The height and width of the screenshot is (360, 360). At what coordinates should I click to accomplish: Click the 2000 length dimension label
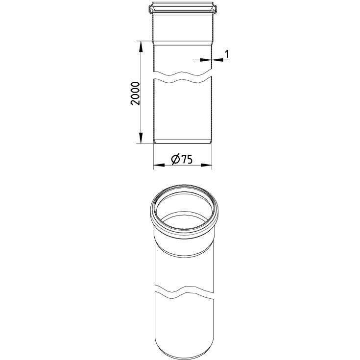(135, 93)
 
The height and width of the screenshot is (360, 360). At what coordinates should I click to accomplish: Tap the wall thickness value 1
(227, 54)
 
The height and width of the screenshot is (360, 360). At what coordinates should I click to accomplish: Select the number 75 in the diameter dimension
(187, 160)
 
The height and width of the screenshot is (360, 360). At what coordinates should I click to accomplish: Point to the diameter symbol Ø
(176, 160)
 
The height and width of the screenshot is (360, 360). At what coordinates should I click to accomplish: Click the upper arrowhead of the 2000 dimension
(141, 47)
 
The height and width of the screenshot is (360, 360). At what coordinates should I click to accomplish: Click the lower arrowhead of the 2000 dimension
(141, 138)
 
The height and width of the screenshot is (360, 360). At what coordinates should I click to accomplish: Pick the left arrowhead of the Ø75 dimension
(159, 165)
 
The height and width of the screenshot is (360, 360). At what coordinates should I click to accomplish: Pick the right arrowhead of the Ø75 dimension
(206, 165)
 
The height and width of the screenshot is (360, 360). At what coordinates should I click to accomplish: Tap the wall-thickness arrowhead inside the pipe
(206, 60)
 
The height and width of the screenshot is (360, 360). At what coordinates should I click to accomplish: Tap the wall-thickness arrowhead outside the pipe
(217, 60)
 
